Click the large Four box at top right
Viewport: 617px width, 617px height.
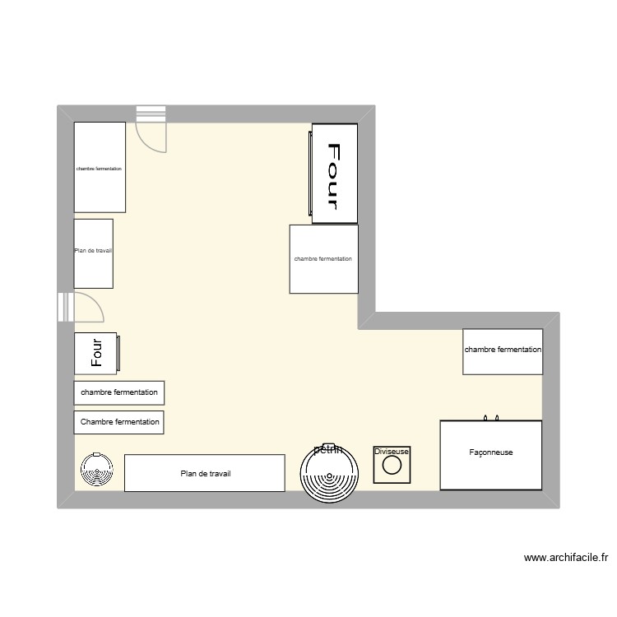coord(335,172)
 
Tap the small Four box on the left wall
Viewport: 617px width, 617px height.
coord(97,353)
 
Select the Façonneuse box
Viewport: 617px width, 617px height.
coord(491,455)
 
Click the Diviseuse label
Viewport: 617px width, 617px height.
coord(392,452)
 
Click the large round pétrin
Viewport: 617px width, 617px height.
coord(330,474)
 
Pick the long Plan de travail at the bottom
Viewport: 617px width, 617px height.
coord(204,473)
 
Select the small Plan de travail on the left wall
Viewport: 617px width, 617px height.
coord(93,253)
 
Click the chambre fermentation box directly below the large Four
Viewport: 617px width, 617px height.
coord(323,259)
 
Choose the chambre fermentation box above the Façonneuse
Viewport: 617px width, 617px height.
coord(503,350)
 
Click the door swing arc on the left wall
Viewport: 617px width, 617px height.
coord(91,307)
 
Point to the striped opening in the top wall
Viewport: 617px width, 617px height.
coord(151,114)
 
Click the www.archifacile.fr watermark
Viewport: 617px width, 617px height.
coord(565,557)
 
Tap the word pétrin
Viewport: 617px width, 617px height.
coord(328,449)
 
